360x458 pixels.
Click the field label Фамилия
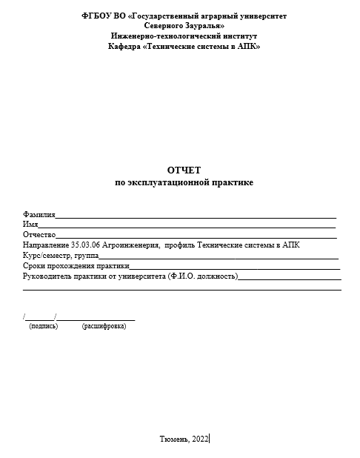[x=39, y=214]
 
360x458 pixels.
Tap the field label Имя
[x=30, y=224]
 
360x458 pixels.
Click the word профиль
[x=181, y=245]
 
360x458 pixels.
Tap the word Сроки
[x=34, y=265]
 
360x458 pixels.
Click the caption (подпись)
[x=43, y=326]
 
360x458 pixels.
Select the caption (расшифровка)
[x=104, y=326]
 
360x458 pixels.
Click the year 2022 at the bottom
[x=201, y=439]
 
